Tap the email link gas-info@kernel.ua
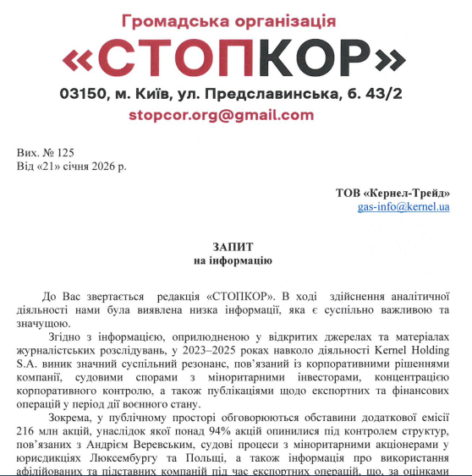(403, 206)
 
